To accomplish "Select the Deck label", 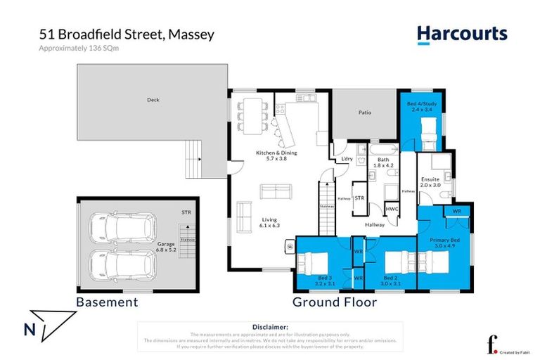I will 153,100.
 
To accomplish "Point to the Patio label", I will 364,112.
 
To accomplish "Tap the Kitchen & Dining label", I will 276,155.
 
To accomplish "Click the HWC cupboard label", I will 392,208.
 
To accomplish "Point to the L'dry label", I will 346,159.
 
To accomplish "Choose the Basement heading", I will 107,302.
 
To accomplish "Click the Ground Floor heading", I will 335,302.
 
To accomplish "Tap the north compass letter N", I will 29,328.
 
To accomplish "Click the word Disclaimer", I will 269,327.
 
